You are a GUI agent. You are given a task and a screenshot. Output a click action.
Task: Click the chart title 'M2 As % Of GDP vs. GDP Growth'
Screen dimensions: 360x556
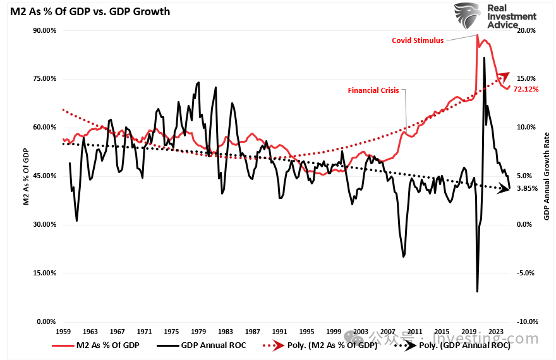89,11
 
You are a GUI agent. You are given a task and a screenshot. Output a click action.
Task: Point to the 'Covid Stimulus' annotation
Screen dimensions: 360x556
418,40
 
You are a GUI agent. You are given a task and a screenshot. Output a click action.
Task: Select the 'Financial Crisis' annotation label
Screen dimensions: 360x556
373,90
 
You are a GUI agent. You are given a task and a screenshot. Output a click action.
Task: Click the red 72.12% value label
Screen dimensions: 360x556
526,89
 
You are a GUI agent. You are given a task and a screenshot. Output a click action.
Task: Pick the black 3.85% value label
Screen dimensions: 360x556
526,188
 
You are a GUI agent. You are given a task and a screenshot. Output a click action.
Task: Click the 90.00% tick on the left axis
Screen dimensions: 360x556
44,30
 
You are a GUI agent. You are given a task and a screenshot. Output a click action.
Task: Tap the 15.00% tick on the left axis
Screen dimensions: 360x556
44,273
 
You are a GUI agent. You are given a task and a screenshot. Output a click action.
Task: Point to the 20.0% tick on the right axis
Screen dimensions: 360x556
526,30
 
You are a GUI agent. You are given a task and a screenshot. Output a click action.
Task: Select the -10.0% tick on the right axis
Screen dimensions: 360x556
526,321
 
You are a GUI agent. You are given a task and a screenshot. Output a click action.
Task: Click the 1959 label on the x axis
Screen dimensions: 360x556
63,331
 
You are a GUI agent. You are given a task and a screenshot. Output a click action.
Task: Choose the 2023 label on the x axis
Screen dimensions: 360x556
495,331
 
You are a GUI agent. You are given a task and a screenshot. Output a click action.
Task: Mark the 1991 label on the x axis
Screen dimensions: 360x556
279,331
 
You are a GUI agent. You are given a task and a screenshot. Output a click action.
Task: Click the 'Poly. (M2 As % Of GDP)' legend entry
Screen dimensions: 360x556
323,345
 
